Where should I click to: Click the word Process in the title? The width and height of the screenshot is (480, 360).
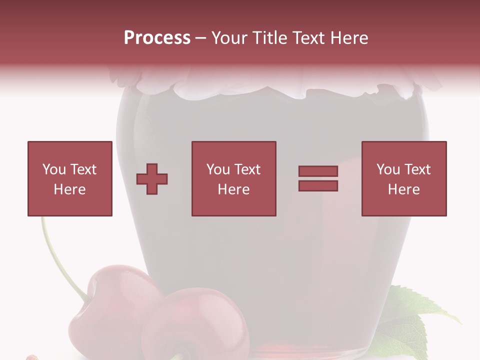pos(157,38)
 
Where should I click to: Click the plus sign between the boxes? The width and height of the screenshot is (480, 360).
pos(152,179)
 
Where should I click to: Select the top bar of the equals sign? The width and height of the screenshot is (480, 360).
pos(318,171)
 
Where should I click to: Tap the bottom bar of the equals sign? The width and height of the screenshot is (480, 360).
pos(318,185)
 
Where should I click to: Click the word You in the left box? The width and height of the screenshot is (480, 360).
pos(54,169)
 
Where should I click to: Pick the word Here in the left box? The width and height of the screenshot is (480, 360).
pos(69,189)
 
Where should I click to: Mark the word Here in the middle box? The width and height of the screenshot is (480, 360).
pos(233,189)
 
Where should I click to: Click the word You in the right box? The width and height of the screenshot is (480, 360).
pos(388,169)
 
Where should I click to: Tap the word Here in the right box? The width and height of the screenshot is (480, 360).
pos(403,189)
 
